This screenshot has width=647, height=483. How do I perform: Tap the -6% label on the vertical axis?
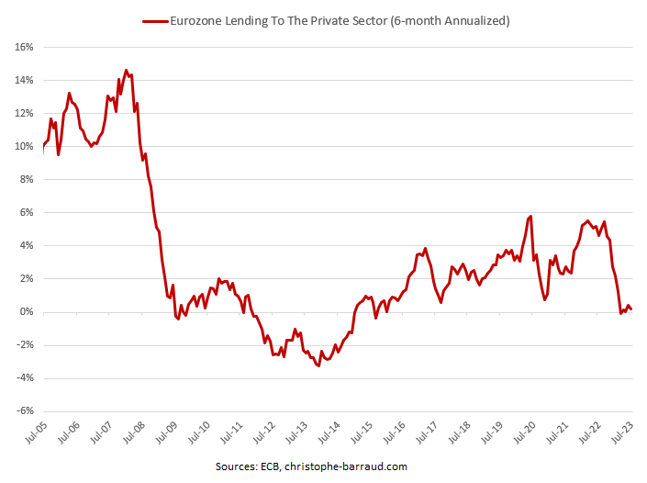(x=23, y=411)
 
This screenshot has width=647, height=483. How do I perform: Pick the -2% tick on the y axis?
(x=23, y=345)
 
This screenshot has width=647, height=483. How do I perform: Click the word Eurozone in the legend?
(x=195, y=19)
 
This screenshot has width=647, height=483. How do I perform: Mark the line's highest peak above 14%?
(x=127, y=70)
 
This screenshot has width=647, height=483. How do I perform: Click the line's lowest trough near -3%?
(x=318, y=366)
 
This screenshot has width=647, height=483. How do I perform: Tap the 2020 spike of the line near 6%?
(x=530, y=217)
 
